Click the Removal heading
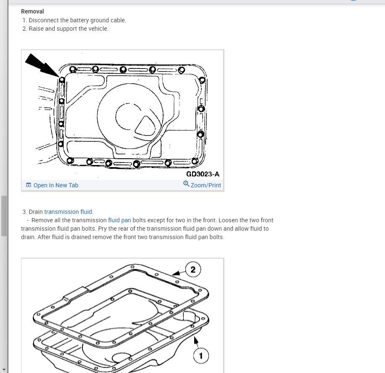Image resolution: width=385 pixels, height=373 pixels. [x=32, y=11]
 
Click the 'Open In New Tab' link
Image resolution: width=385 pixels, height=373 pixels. [x=56, y=185]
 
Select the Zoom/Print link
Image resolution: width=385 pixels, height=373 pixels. [x=206, y=185]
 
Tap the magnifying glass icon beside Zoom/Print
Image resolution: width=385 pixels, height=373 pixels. [x=186, y=184]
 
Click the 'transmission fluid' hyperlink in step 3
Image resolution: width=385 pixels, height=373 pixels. [x=68, y=212]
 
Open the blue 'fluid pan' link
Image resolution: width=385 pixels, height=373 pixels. [x=119, y=220]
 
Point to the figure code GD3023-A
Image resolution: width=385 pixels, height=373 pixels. [x=203, y=174]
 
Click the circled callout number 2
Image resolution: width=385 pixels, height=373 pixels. [x=193, y=269]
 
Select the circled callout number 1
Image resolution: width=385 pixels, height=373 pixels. [x=201, y=356]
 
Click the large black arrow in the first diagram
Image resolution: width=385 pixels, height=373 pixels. [x=42, y=65]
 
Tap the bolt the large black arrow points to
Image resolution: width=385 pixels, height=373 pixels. [x=62, y=80]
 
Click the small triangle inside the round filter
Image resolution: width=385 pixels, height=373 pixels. [x=145, y=126]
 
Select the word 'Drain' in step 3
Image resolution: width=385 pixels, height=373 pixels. [x=36, y=212]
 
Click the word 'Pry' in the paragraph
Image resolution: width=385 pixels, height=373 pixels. [x=103, y=229]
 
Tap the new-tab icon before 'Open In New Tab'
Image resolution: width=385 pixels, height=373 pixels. [x=29, y=185]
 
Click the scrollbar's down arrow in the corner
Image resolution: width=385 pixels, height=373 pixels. [x=4, y=370]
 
